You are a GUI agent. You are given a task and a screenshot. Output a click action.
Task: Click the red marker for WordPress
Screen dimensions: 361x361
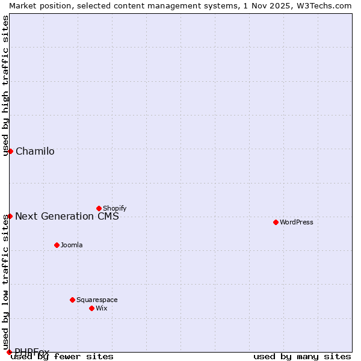click(276, 222)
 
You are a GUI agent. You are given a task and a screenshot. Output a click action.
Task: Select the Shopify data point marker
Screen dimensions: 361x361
click(99, 208)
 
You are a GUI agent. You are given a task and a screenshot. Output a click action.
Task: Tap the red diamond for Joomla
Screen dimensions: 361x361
click(57, 245)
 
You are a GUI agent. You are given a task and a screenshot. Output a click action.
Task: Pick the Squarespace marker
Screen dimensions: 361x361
click(72, 300)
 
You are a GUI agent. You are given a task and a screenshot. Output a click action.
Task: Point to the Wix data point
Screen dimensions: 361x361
click(91, 308)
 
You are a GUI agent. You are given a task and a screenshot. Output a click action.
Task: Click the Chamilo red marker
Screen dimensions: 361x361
click(10, 151)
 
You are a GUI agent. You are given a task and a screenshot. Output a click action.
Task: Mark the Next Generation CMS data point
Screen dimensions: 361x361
click(10, 216)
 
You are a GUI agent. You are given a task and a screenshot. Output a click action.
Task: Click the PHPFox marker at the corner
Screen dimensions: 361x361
click(9, 352)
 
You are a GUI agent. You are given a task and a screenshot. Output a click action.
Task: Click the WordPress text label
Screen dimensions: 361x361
click(297, 223)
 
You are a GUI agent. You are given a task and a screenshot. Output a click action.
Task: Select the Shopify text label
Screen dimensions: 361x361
click(114, 209)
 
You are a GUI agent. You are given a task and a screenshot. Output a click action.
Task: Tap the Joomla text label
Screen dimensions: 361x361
click(72, 245)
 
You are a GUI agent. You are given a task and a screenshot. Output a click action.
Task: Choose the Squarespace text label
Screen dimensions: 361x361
click(97, 300)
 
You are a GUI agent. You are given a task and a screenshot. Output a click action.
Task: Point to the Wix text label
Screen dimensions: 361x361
click(101, 309)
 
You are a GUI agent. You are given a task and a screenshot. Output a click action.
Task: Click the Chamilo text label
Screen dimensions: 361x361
click(35, 152)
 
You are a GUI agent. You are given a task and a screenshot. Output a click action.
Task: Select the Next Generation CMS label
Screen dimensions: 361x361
click(67, 217)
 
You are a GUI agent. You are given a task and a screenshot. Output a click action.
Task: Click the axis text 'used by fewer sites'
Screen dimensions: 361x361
click(63, 357)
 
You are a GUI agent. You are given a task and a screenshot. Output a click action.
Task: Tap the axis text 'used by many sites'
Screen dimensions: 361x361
click(302, 357)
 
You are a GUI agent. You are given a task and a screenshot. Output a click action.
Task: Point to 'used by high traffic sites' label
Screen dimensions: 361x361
click(6, 85)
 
